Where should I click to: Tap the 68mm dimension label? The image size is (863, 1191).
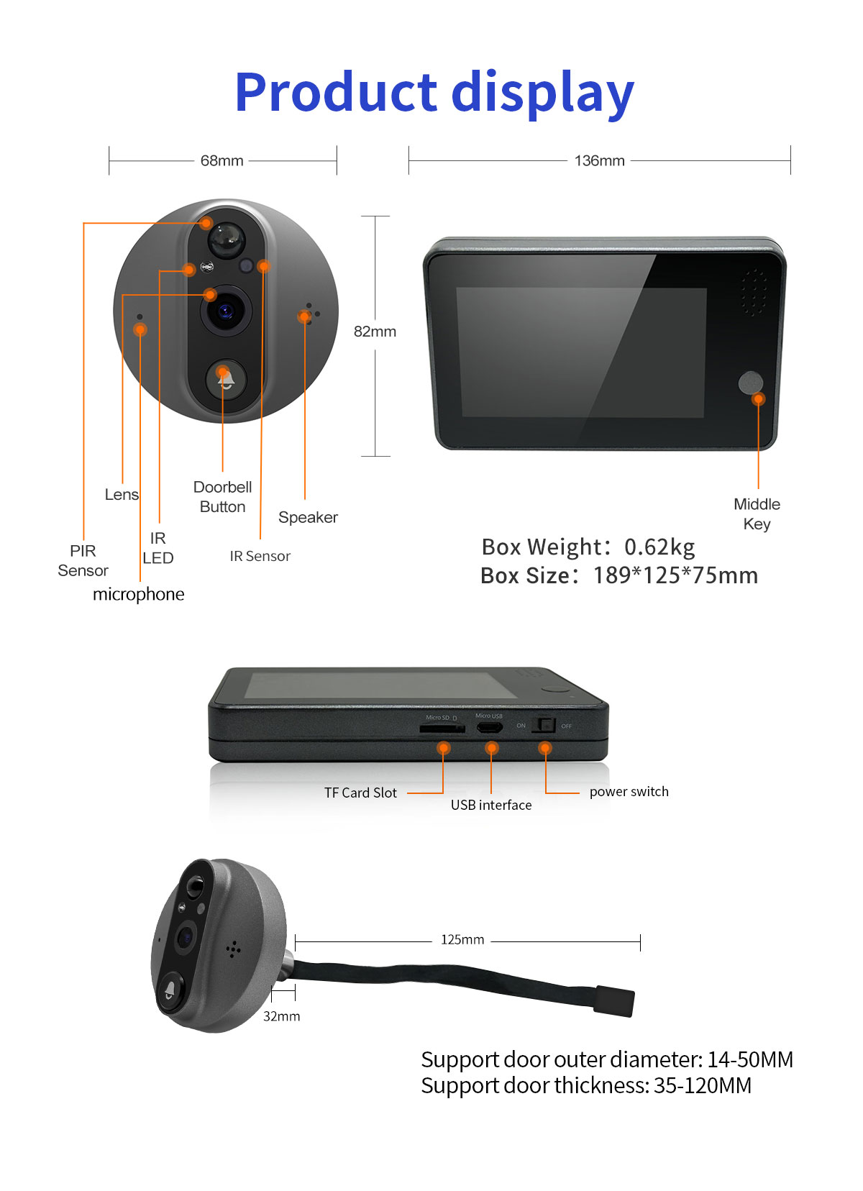222,160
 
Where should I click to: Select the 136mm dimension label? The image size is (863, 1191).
599,160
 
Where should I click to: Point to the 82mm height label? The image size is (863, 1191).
375,332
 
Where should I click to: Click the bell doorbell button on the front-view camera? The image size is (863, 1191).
226,380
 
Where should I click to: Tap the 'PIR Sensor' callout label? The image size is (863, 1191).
83,560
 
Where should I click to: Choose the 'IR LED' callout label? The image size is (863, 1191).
158,547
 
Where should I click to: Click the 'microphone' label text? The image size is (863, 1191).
138,594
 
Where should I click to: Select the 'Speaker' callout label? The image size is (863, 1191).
308,517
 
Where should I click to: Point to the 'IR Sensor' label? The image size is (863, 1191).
260,556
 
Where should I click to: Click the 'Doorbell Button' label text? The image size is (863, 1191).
222,496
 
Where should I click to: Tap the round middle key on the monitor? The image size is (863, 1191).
750,383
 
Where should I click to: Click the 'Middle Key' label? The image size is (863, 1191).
757,514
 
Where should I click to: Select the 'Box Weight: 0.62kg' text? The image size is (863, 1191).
588,547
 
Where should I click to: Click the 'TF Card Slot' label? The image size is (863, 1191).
360,793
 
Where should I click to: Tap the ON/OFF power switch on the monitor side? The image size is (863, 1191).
544,725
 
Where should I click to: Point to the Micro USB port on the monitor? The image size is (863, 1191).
490,726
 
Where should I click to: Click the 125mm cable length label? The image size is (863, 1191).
462,939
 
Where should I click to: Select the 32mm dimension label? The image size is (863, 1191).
281,1016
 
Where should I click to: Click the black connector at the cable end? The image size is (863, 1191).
614,1000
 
